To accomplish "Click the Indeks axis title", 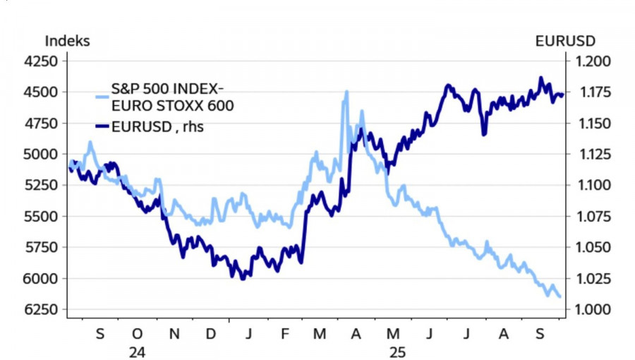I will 68,41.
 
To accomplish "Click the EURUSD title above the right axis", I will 565,41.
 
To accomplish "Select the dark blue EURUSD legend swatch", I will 102,127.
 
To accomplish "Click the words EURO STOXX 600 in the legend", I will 173,106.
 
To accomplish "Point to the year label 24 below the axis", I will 137,350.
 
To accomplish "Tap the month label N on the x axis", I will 174,334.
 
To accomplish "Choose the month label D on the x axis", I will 210,334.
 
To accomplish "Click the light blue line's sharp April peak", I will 346,92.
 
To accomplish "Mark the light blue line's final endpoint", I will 560,296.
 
